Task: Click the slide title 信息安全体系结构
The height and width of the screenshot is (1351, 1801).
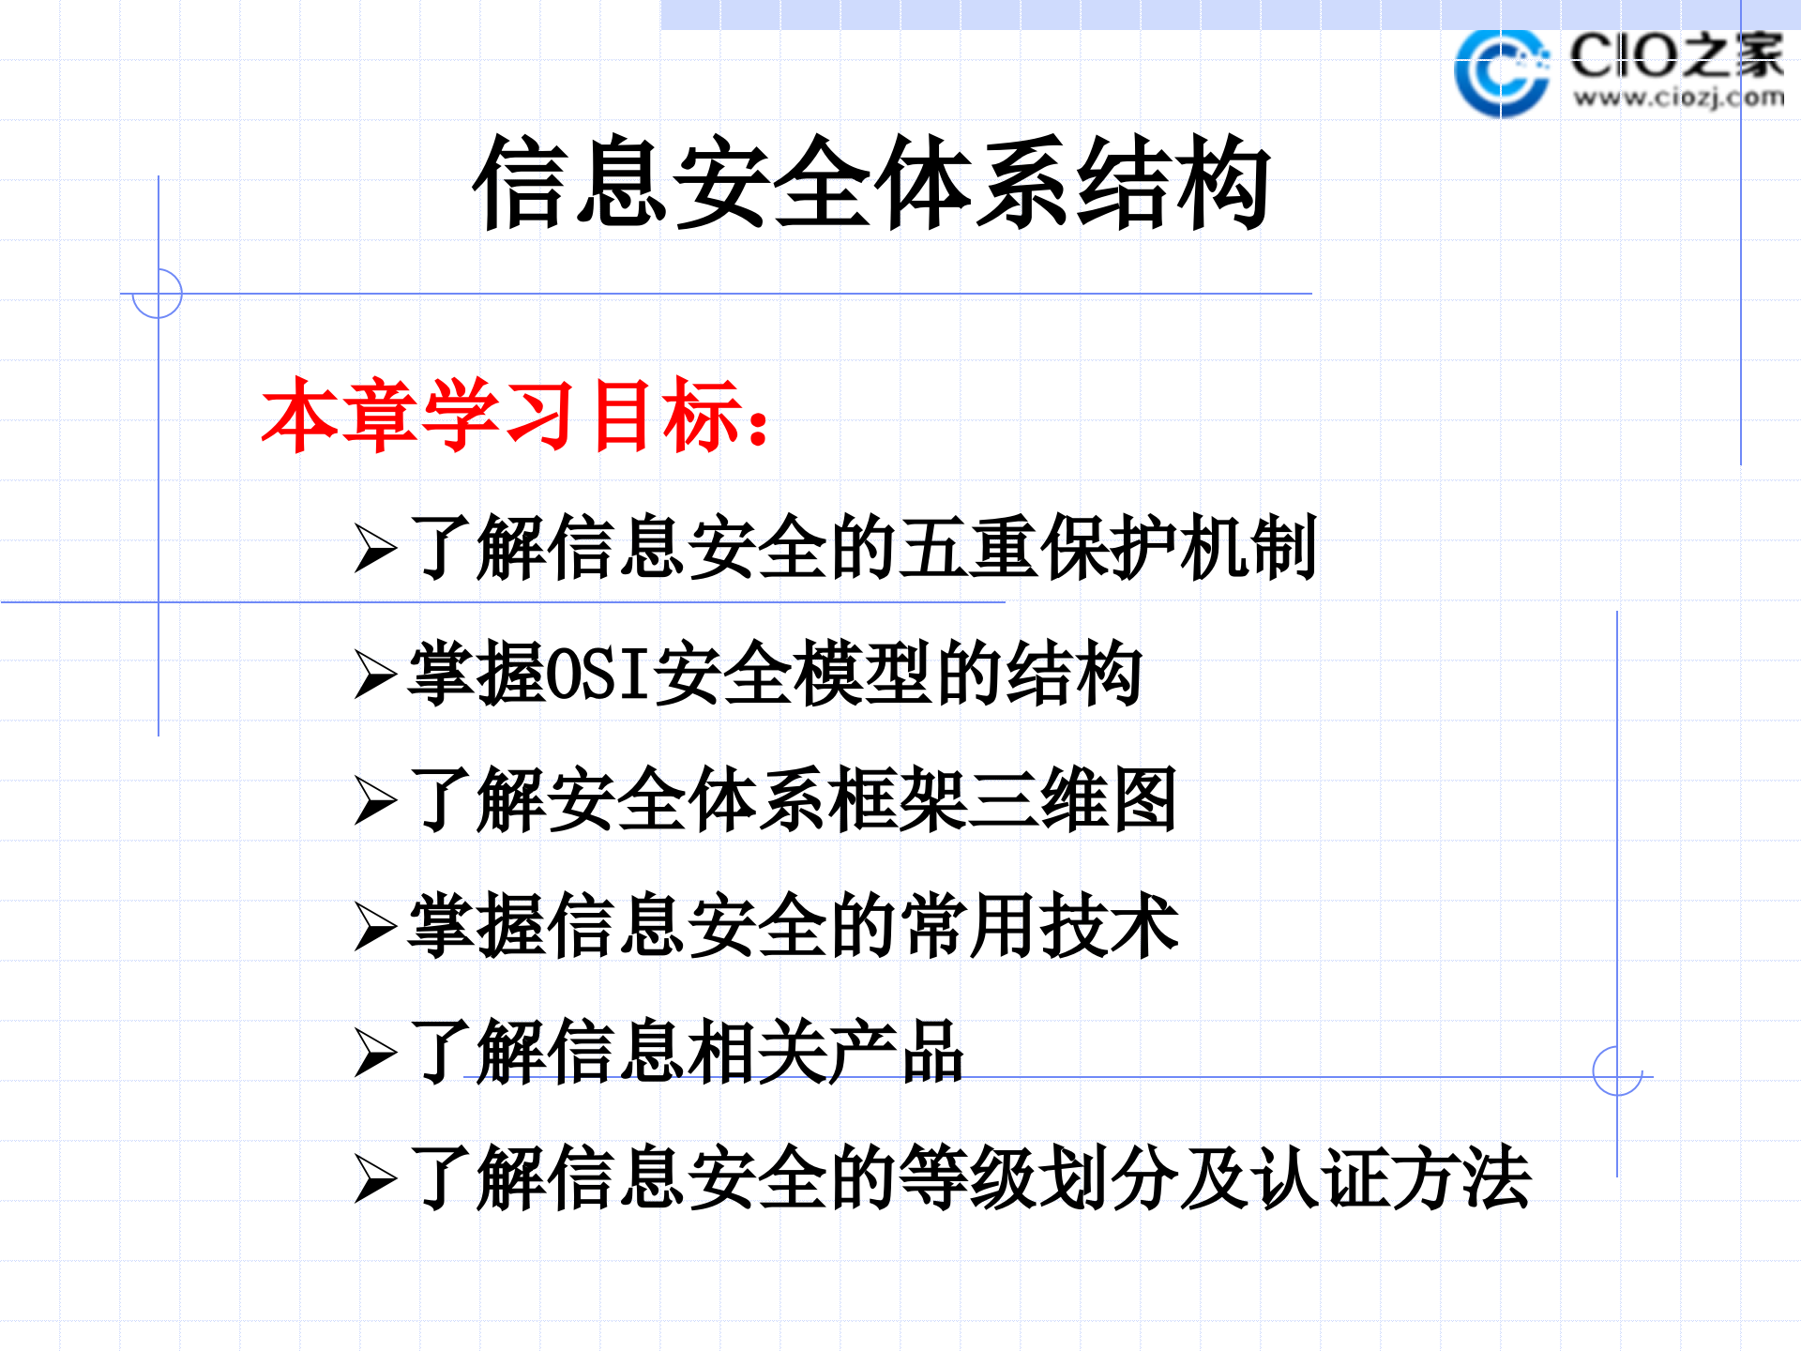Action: pyautogui.click(x=872, y=182)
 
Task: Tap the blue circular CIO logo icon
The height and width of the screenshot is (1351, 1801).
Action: pyautogui.click(x=1501, y=73)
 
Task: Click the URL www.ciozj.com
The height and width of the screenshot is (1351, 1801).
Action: pyautogui.click(x=1678, y=98)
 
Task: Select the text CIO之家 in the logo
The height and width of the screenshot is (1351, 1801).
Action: pyautogui.click(x=1676, y=55)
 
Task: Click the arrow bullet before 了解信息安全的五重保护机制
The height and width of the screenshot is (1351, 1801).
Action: pyautogui.click(x=376, y=549)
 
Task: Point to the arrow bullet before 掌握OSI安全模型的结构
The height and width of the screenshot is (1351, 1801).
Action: pyautogui.click(x=376, y=675)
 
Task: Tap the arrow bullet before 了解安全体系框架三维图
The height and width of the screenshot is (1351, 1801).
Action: pyautogui.click(x=376, y=801)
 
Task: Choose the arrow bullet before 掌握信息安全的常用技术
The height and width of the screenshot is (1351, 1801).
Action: pyautogui.click(x=376, y=927)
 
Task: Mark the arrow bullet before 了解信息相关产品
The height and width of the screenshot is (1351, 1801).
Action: pyautogui.click(x=376, y=1053)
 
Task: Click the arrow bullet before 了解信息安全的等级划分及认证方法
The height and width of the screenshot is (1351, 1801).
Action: pyautogui.click(x=376, y=1178)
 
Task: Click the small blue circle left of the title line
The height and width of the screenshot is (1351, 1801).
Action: pyautogui.click(x=158, y=294)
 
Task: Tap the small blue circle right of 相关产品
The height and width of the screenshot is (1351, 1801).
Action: pyautogui.click(x=1617, y=1070)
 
